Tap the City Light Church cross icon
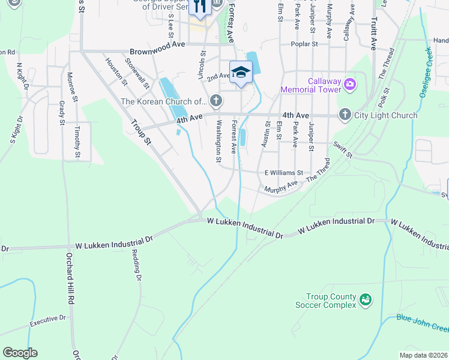point(345,115)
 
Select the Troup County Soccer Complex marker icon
point(366,299)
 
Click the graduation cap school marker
point(241,73)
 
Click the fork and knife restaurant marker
point(199,7)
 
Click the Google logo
point(20,353)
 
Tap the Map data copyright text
point(423,355)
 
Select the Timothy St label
point(77,143)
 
